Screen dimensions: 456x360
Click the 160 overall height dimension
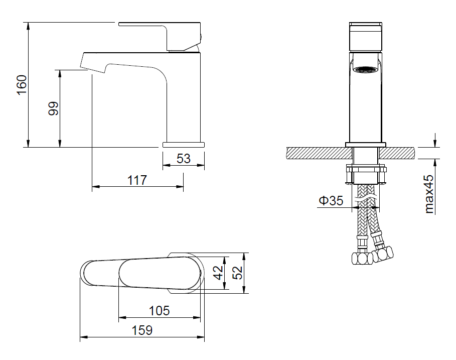click(22, 85)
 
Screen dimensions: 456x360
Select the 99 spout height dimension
click(53, 108)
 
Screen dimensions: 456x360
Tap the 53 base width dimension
click(184, 159)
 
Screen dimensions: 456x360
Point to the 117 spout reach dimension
click(137, 180)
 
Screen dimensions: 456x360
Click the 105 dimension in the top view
click(160, 311)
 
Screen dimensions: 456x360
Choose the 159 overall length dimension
click(142, 330)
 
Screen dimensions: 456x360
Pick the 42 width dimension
click(218, 273)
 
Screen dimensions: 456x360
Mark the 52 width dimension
click(238, 273)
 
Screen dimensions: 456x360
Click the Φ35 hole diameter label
click(331, 200)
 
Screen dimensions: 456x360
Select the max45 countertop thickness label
click(429, 194)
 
